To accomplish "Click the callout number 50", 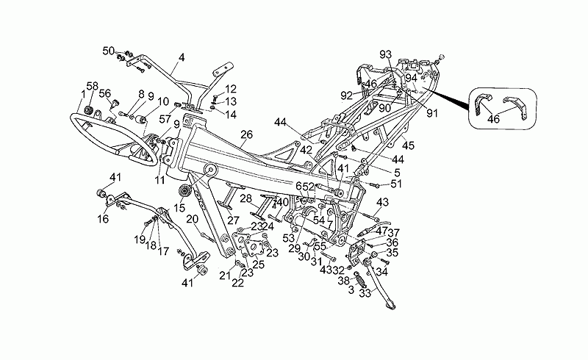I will coord(108,51).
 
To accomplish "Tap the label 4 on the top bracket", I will coord(182,57).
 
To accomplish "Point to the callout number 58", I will coord(93,87).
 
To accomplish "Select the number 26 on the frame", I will coord(246,134).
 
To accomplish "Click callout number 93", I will coord(386,54).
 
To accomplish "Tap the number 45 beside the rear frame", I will coord(409,145).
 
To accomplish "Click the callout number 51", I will coord(398,184).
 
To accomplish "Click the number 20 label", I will coord(192,220).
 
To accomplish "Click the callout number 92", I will coord(366,94).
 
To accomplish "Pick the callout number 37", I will coord(394,233).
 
